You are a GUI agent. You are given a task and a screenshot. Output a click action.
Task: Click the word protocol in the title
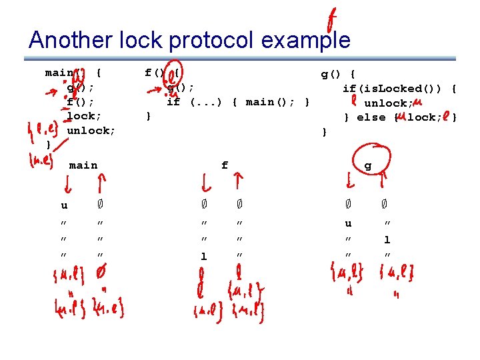click(x=212, y=41)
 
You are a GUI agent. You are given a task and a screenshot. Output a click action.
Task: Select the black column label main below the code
click(x=83, y=165)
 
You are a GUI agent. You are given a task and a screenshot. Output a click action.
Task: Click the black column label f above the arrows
click(x=225, y=165)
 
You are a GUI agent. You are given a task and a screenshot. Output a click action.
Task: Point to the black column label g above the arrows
click(x=367, y=165)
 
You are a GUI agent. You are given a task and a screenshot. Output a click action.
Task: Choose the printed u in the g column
click(x=348, y=224)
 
